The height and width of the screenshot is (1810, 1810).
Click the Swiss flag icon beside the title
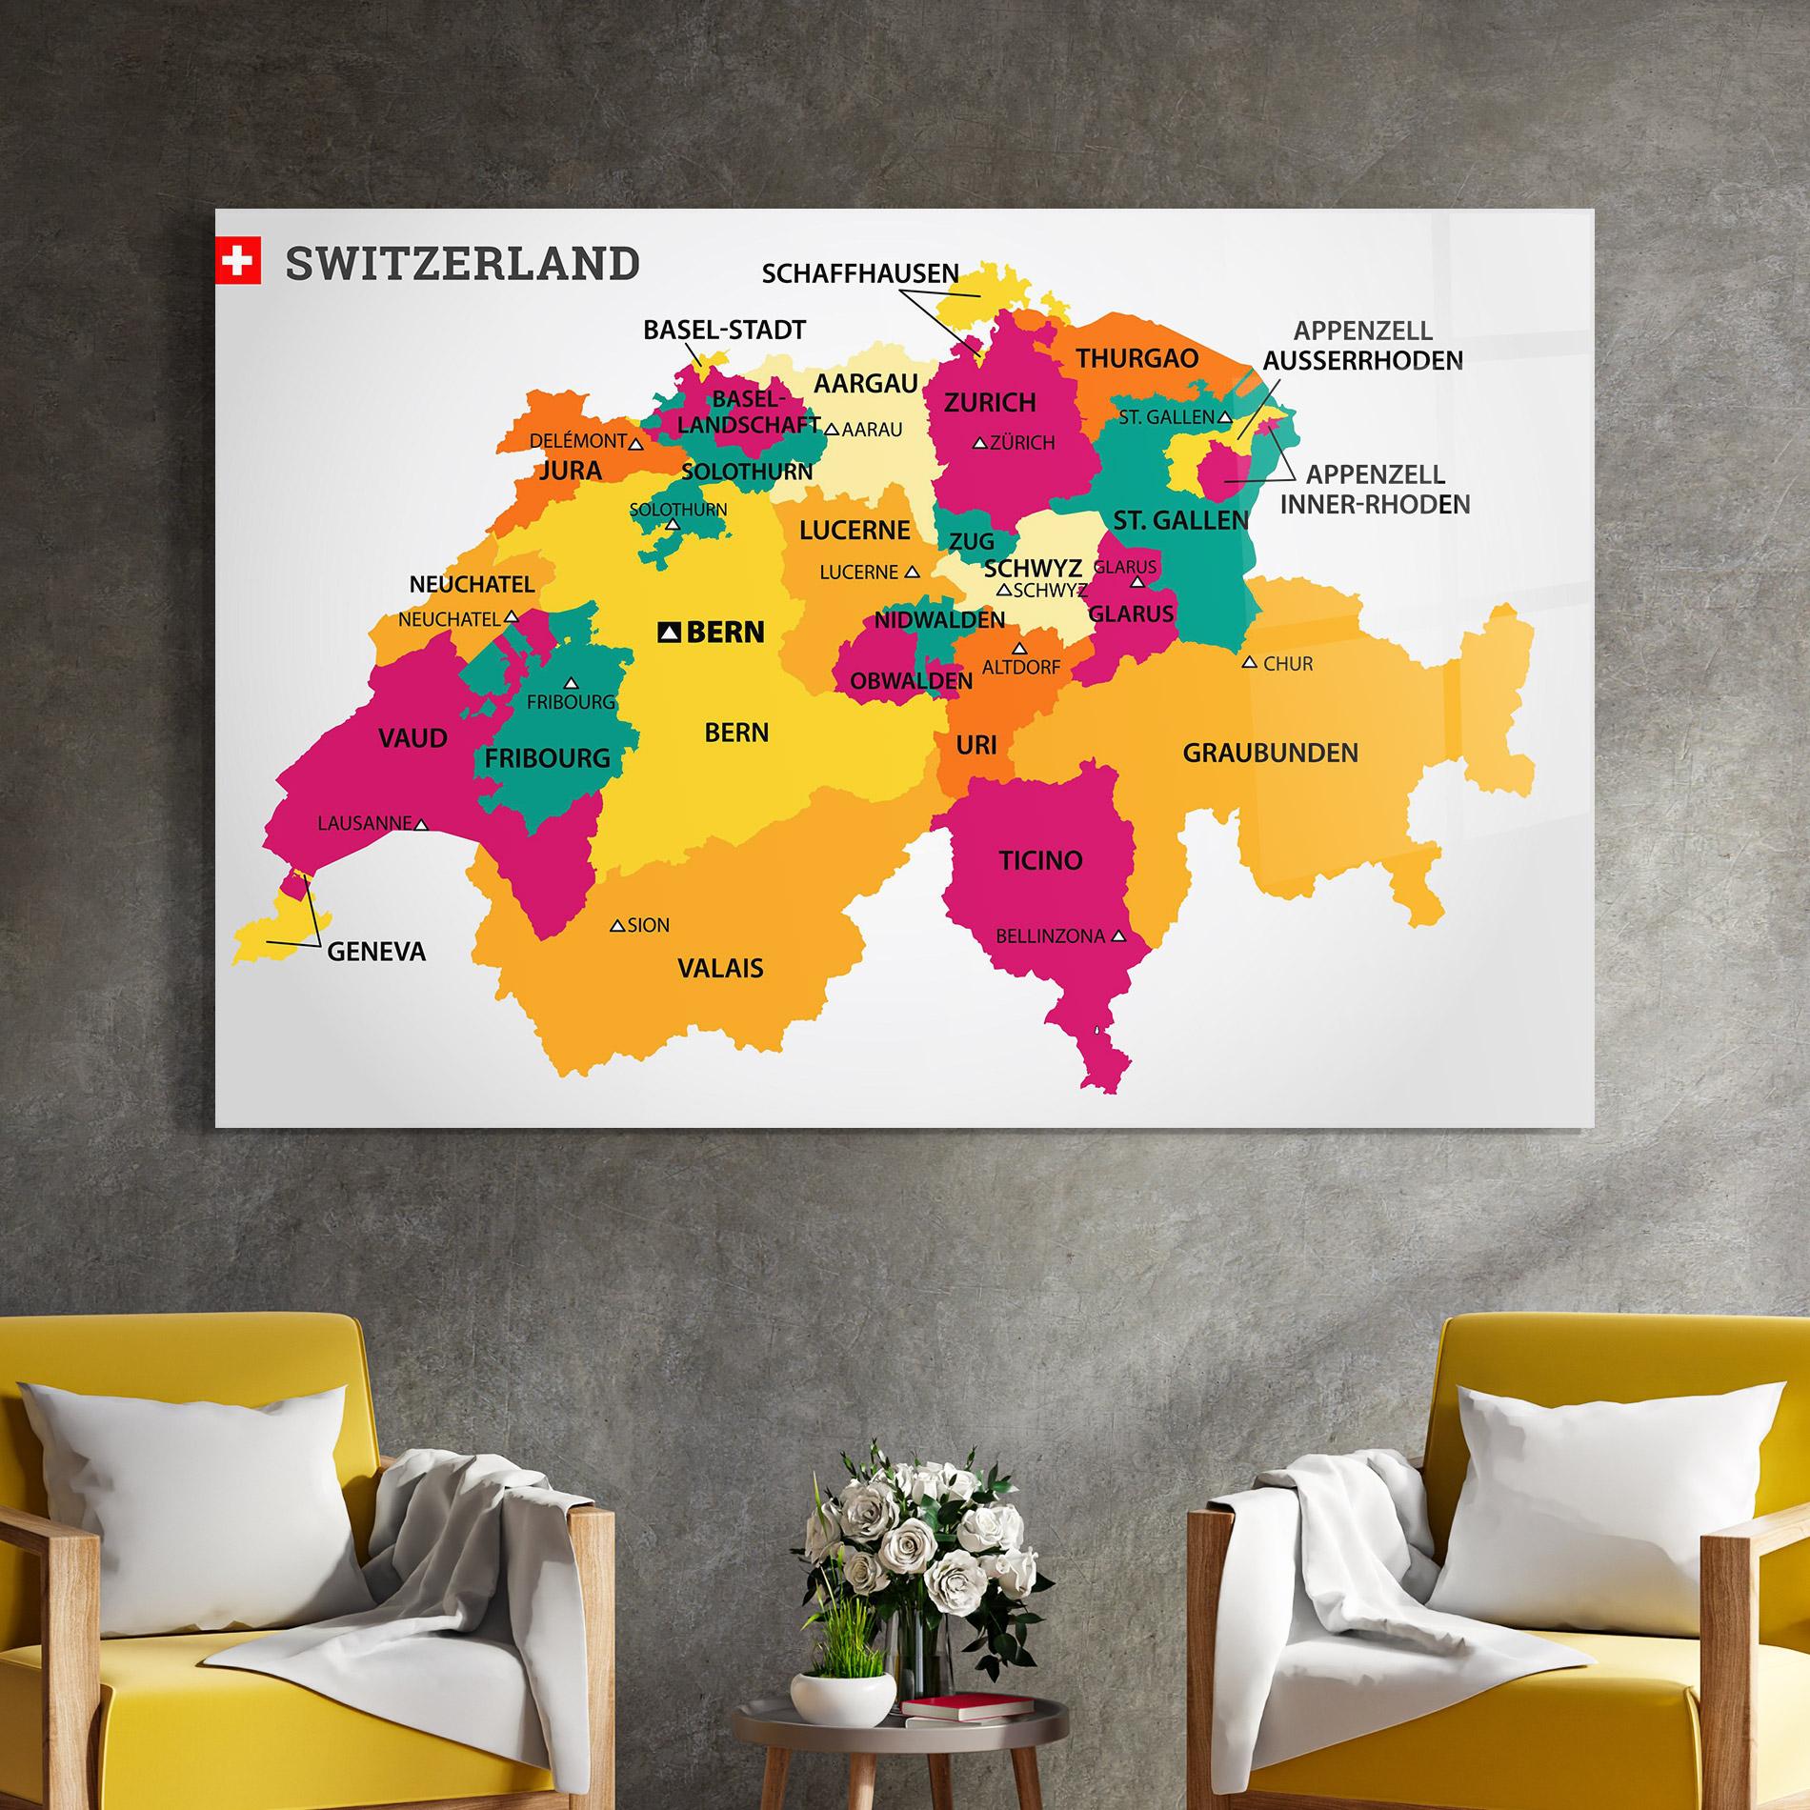pyautogui.click(x=238, y=261)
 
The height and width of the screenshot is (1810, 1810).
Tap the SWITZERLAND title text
pyautogui.click(x=463, y=264)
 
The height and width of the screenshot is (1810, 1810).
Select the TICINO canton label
pyautogui.click(x=1040, y=860)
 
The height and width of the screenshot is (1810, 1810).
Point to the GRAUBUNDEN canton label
pyautogui.click(x=1270, y=753)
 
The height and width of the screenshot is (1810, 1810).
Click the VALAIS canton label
pyautogui.click(x=720, y=969)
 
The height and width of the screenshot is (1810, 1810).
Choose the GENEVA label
pyautogui.click(x=376, y=951)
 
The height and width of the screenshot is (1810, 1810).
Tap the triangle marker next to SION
pyautogui.click(x=617, y=925)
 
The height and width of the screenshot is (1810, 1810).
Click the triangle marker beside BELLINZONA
pyautogui.click(x=1119, y=936)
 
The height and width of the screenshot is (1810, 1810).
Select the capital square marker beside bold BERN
pyautogui.click(x=671, y=632)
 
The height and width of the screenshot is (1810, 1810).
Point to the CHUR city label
pyautogui.click(x=1288, y=664)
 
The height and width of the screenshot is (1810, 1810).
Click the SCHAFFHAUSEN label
pyautogui.click(x=860, y=273)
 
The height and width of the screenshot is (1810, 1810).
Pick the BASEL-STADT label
pyautogui.click(x=724, y=330)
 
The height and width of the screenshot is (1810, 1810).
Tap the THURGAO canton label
pyautogui.click(x=1137, y=358)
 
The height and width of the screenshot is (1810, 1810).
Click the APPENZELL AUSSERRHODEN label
pyautogui.click(x=1362, y=346)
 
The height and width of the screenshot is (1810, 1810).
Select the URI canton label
pyautogui.click(x=975, y=744)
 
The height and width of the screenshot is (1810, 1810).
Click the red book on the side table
pyautogui.click(x=966, y=1706)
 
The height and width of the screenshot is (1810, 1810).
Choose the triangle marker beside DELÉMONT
pyautogui.click(x=636, y=443)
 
